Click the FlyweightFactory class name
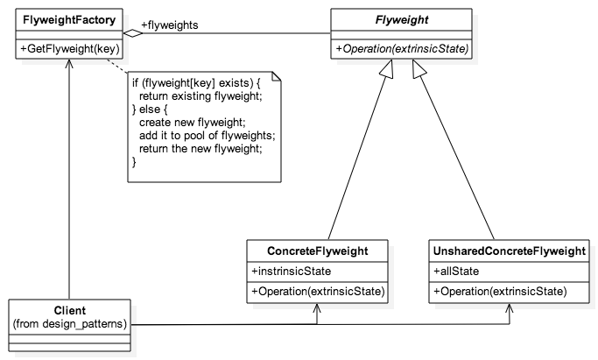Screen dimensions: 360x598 click(x=67, y=18)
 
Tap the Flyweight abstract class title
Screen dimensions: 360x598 click(x=400, y=18)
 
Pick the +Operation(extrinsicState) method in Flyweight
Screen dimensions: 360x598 click(x=400, y=47)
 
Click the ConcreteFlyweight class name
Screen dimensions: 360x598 click(x=318, y=251)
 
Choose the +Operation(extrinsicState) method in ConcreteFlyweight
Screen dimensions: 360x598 click(x=318, y=291)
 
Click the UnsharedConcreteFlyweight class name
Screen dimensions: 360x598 click(x=509, y=251)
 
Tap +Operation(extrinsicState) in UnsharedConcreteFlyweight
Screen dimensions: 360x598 click(x=500, y=291)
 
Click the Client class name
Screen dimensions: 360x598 click(x=69, y=311)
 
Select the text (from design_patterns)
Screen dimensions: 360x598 click(x=69, y=325)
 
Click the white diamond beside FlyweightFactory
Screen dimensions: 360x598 click(x=133, y=32)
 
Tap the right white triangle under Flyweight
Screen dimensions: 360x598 click(x=419, y=72)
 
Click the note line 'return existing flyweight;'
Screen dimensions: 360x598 click(x=201, y=95)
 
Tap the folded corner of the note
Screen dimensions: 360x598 click(x=275, y=77)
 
